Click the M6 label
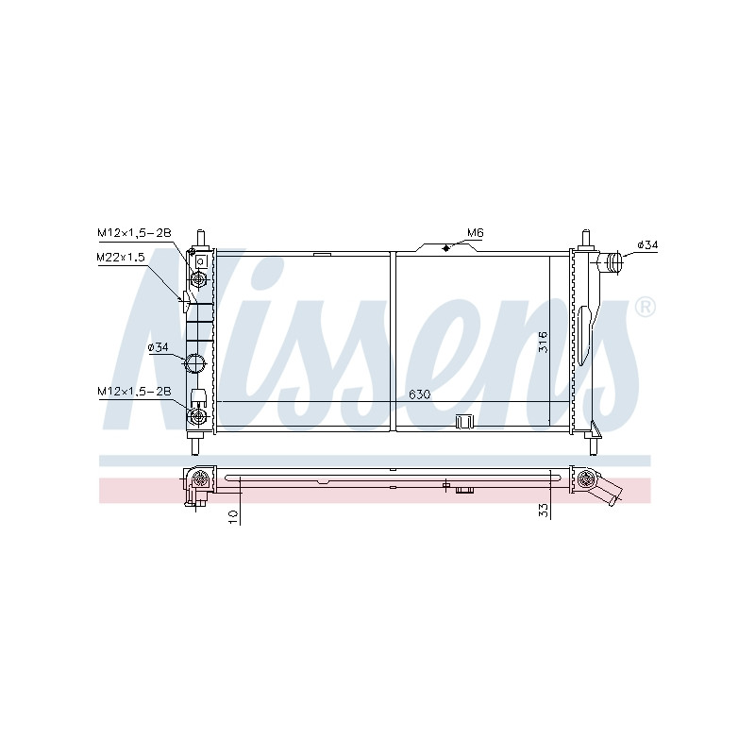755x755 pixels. click(475, 233)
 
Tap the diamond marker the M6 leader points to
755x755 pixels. click(445, 248)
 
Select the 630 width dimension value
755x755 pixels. click(419, 394)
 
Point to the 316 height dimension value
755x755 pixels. click(543, 342)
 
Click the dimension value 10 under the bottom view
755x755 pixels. click(233, 516)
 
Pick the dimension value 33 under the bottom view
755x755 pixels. click(544, 511)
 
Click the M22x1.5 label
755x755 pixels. click(121, 257)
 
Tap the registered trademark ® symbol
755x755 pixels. click(645, 308)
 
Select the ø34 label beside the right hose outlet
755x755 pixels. click(647, 245)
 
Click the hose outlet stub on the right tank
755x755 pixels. click(611, 262)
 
